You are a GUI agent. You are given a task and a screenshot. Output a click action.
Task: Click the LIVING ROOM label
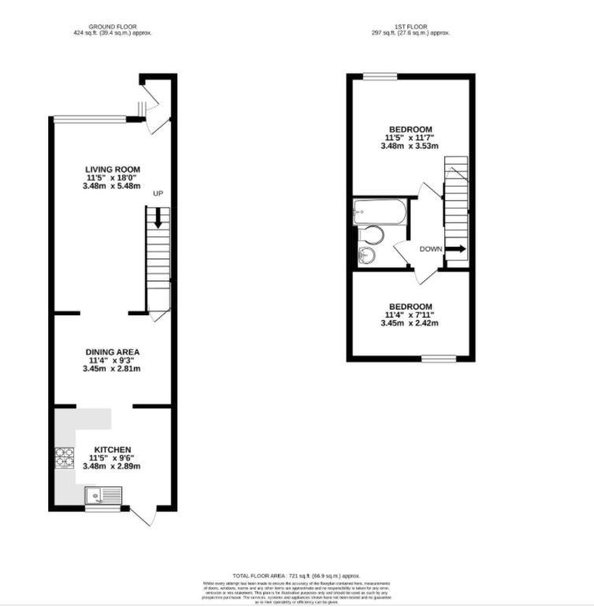113,169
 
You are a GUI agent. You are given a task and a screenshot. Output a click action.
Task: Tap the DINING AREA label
113,352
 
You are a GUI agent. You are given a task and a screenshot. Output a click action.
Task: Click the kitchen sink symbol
102,496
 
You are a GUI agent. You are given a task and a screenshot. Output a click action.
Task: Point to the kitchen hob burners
63,459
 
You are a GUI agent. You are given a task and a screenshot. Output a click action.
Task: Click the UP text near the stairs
158,194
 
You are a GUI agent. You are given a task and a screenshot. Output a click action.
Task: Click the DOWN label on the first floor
431,249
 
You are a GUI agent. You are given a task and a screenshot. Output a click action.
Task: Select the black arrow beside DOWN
455,249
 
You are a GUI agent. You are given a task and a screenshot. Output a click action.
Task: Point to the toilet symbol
373,234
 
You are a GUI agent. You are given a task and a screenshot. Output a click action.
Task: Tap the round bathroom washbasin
366,255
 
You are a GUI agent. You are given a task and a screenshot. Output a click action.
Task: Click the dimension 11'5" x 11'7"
410,137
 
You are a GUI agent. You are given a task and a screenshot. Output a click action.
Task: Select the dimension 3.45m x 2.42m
409,323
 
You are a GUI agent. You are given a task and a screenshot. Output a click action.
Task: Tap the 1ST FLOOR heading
410,25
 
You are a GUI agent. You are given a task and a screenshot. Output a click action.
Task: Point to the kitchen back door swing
142,516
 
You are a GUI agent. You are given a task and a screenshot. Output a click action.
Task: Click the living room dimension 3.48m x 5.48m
113,186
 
